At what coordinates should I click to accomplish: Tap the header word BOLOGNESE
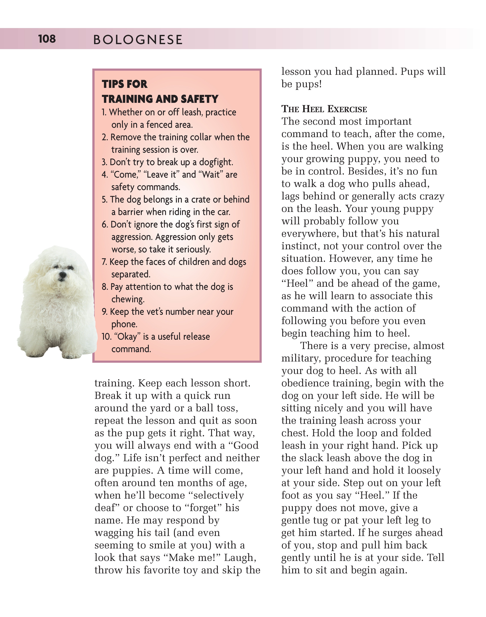coord(138,40)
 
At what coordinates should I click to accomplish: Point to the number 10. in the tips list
coord(106,337)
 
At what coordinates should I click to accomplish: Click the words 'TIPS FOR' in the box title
coord(124,84)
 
